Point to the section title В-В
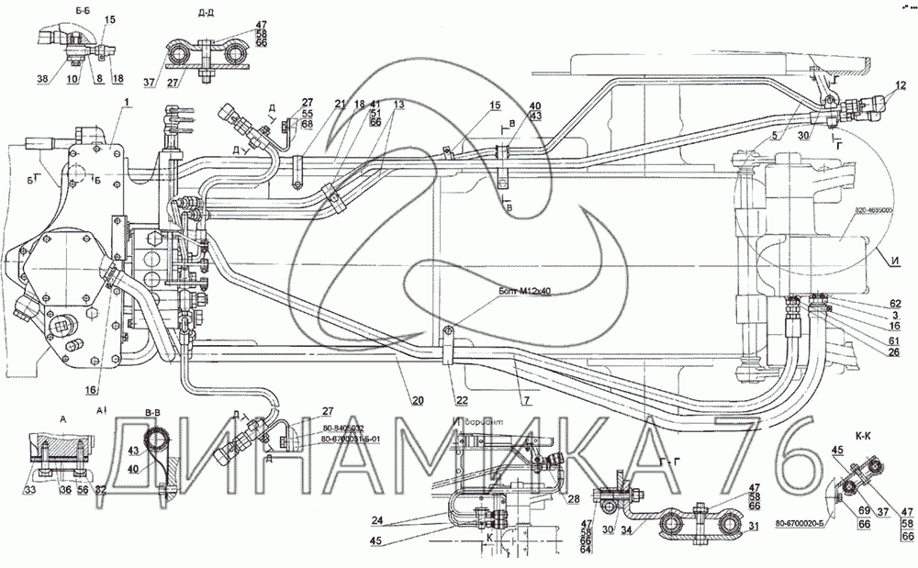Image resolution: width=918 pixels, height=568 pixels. (153, 414)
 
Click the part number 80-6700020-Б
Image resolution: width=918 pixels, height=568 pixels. (801, 524)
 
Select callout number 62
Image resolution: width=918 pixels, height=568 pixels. (894, 303)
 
